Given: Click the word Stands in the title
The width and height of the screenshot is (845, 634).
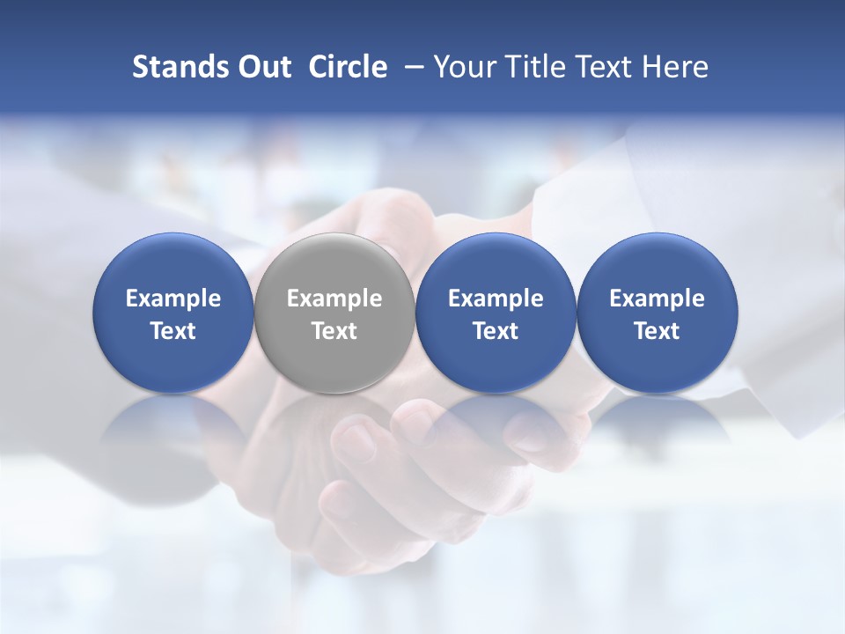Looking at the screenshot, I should pyautogui.click(x=173, y=67).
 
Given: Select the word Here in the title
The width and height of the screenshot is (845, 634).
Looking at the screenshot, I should pyautogui.click(x=674, y=67).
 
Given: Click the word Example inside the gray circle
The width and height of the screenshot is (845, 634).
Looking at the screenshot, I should pyautogui.click(x=334, y=299).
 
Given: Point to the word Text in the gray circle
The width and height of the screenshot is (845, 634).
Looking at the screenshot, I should pyautogui.click(x=334, y=331).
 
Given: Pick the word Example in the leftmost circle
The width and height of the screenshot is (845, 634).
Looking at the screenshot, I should pyautogui.click(x=173, y=299).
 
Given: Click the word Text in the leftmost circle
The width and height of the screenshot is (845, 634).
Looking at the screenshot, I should pyautogui.click(x=173, y=331).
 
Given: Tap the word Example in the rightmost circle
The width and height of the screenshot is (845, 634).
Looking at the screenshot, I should pyautogui.click(x=657, y=299).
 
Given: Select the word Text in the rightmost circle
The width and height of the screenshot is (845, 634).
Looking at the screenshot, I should pyautogui.click(x=657, y=331).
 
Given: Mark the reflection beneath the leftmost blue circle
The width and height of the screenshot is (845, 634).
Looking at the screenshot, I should pyautogui.click(x=173, y=431).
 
